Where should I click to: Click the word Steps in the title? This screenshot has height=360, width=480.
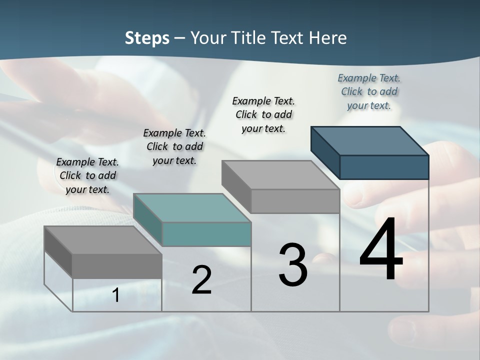(x=147, y=38)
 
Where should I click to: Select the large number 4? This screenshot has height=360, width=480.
(x=381, y=250)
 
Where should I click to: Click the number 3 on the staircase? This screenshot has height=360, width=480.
(x=293, y=264)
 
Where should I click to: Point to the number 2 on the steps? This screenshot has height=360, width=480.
(x=201, y=279)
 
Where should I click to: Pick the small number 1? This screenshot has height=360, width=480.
(x=116, y=295)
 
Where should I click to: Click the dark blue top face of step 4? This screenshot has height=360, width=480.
(x=370, y=140)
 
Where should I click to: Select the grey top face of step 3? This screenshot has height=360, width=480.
(x=280, y=174)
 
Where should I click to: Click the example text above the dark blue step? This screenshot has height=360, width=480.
(x=369, y=91)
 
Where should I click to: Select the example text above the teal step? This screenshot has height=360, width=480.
(x=174, y=146)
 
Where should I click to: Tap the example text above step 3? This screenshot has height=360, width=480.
(x=263, y=114)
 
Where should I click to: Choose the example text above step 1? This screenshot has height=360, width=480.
(x=87, y=175)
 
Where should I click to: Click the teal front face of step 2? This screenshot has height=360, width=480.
(x=206, y=234)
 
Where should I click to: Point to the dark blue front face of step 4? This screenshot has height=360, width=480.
(x=384, y=167)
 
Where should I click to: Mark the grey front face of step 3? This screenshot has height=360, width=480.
(x=295, y=201)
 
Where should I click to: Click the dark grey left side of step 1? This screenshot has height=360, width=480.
(x=58, y=252)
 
